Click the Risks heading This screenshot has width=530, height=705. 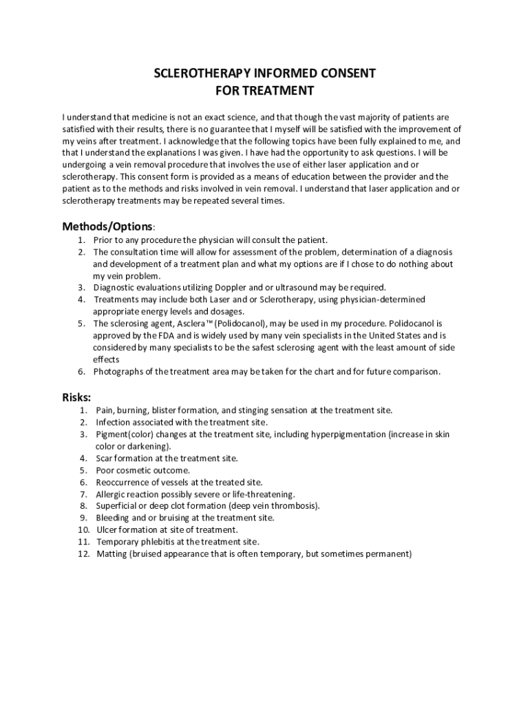coord(76,397)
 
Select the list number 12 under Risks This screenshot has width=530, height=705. coord(84,554)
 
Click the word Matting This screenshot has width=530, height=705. coord(111,554)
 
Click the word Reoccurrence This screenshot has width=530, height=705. coord(122,483)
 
